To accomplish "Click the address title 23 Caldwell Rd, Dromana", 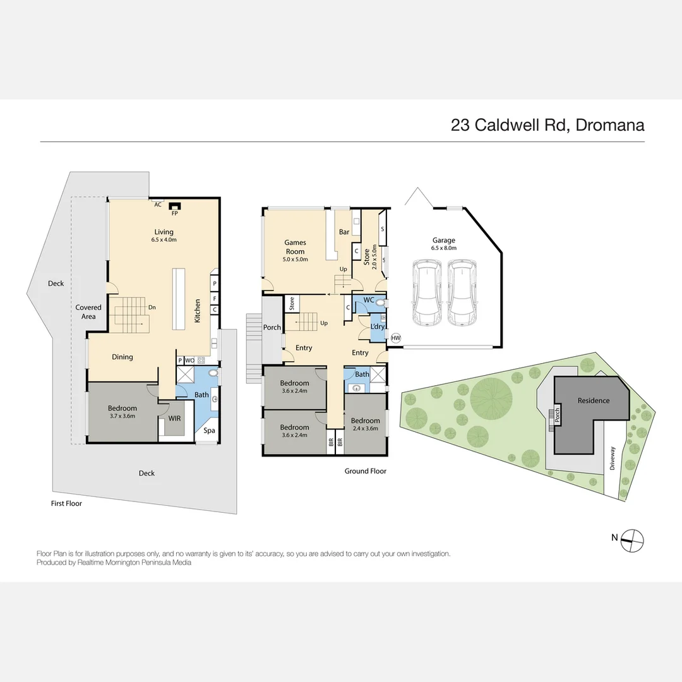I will [547, 124].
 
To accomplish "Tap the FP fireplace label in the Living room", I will [175, 213].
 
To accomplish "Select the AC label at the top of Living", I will [158, 205].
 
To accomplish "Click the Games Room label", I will [295, 247].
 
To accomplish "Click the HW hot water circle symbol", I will [396, 338].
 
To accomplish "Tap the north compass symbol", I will [632, 538].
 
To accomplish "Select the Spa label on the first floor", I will [208, 431].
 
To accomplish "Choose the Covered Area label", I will [88, 311].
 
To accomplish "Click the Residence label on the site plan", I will [594, 400].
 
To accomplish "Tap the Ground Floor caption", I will [365, 471].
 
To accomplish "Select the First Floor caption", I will [66, 503].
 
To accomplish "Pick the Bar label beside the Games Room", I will [344, 232].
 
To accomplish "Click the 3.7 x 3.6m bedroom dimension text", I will [123, 416].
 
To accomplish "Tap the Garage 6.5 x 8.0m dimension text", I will [443, 248].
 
